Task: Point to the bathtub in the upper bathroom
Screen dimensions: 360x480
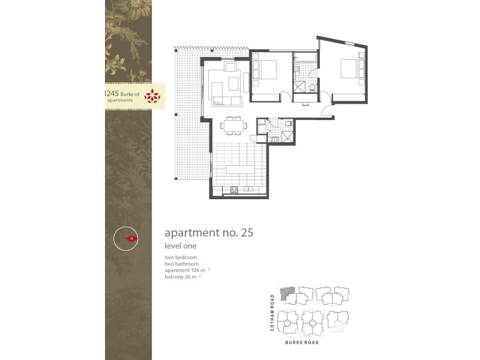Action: click(x=304, y=58)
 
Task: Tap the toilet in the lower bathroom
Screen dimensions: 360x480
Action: click(x=289, y=123)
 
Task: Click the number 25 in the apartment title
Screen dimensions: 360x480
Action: click(x=247, y=233)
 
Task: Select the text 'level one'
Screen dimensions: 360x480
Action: click(x=181, y=246)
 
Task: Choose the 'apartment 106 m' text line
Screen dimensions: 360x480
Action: click(x=185, y=270)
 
